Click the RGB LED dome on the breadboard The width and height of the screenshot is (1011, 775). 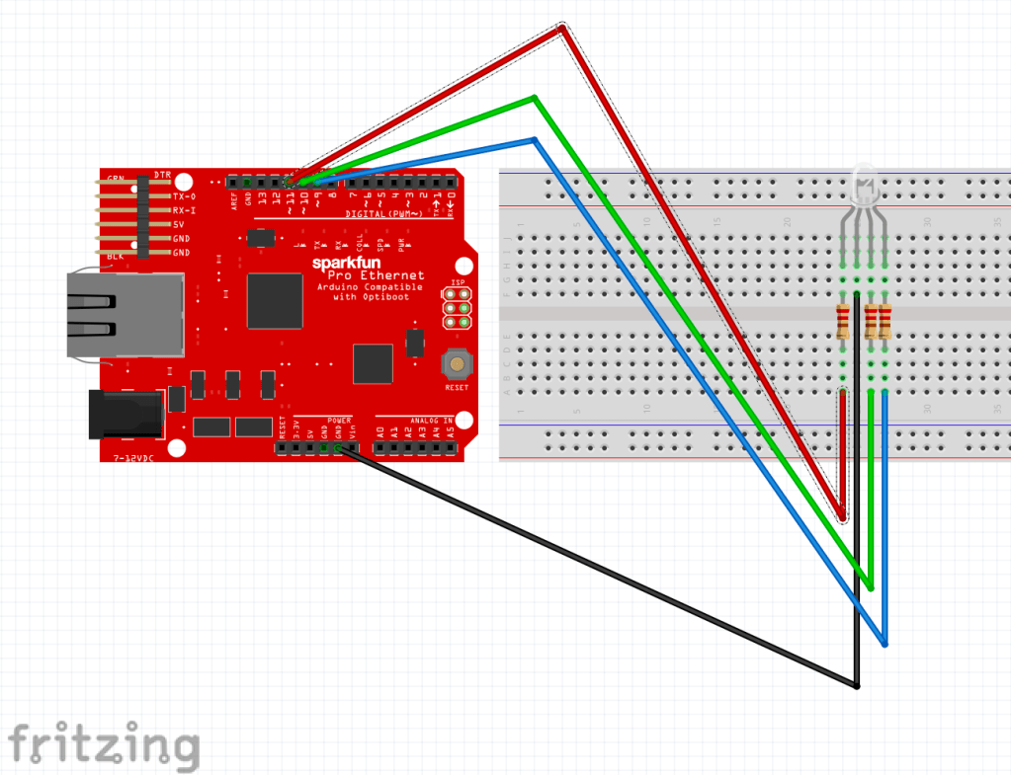(x=863, y=185)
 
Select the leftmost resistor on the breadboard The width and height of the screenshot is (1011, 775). (x=842, y=321)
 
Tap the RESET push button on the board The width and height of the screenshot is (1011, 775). (x=458, y=364)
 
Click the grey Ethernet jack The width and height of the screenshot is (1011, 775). (x=125, y=314)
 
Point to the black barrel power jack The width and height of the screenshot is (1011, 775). (x=126, y=414)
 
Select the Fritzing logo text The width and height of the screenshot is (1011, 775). (x=103, y=744)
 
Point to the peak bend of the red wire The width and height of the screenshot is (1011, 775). (x=562, y=29)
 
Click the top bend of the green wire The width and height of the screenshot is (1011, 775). (x=534, y=98)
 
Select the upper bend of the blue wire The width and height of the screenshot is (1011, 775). (x=534, y=139)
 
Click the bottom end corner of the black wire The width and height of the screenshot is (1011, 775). (x=857, y=685)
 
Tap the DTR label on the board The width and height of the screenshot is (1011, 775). (x=162, y=175)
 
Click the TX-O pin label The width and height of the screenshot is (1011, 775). (x=184, y=196)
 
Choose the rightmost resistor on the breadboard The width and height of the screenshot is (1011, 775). (x=885, y=321)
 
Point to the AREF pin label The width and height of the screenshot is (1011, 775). (x=234, y=200)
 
